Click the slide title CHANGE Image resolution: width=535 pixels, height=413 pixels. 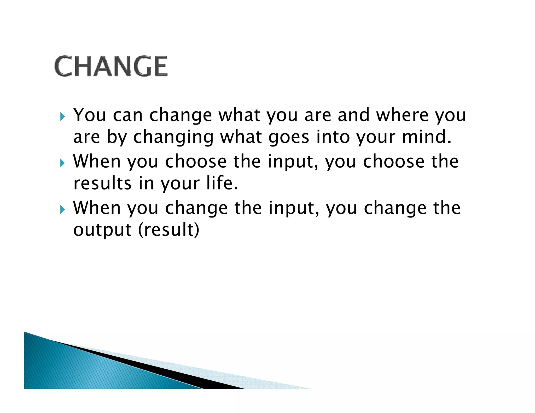pos(111,66)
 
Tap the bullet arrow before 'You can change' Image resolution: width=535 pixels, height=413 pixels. pos(62,116)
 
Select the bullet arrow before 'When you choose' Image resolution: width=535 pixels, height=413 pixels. pos(62,163)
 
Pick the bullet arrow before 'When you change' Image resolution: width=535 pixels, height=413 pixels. pos(62,209)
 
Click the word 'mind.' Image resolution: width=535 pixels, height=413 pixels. pos(427,137)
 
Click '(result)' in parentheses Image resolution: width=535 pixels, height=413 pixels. pos(169,230)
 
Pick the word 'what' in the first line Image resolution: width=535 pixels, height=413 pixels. pos(239,115)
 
